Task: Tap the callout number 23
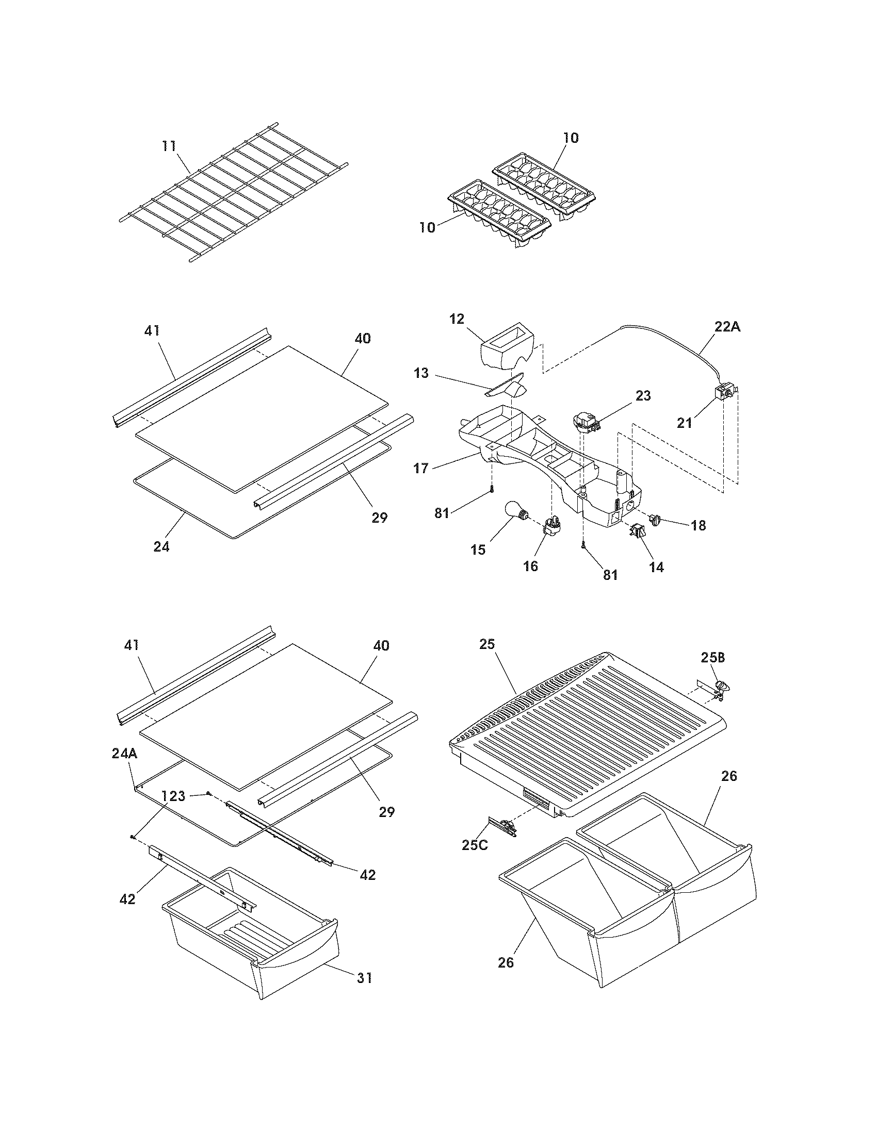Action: (x=643, y=396)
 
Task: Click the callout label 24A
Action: (x=124, y=754)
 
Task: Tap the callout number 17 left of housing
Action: (x=421, y=469)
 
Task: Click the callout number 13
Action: (x=421, y=373)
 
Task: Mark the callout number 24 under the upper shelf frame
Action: (x=161, y=546)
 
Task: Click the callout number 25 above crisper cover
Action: (x=488, y=644)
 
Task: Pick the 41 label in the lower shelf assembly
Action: (x=132, y=645)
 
